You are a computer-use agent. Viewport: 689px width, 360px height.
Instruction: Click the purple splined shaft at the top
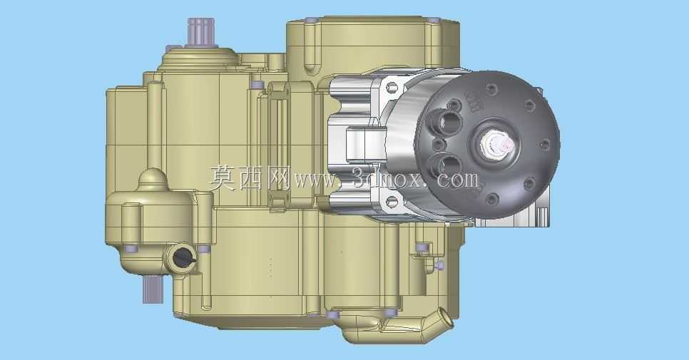[201, 32]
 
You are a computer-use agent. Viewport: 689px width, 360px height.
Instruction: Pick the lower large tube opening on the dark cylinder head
[447, 165]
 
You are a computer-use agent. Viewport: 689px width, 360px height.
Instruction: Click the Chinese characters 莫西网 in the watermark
[249, 178]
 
